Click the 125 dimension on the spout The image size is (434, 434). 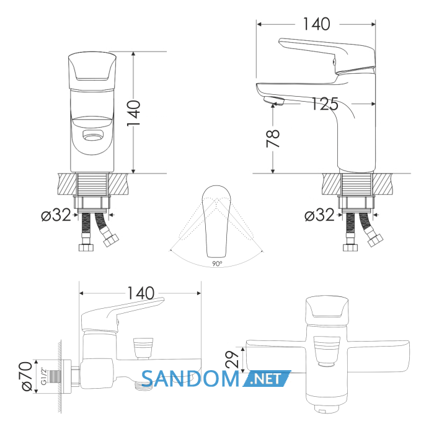(325, 104)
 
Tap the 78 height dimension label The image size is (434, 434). (273, 139)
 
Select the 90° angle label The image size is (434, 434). (217, 263)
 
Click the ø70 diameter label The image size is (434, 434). (28, 376)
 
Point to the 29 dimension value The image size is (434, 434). (232, 359)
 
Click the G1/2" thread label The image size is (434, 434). (43, 376)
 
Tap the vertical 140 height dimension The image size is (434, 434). (134, 113)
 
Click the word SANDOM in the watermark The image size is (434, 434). (191, 379)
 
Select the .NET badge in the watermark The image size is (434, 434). (267, 378)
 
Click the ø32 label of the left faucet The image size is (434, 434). (56, 215)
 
